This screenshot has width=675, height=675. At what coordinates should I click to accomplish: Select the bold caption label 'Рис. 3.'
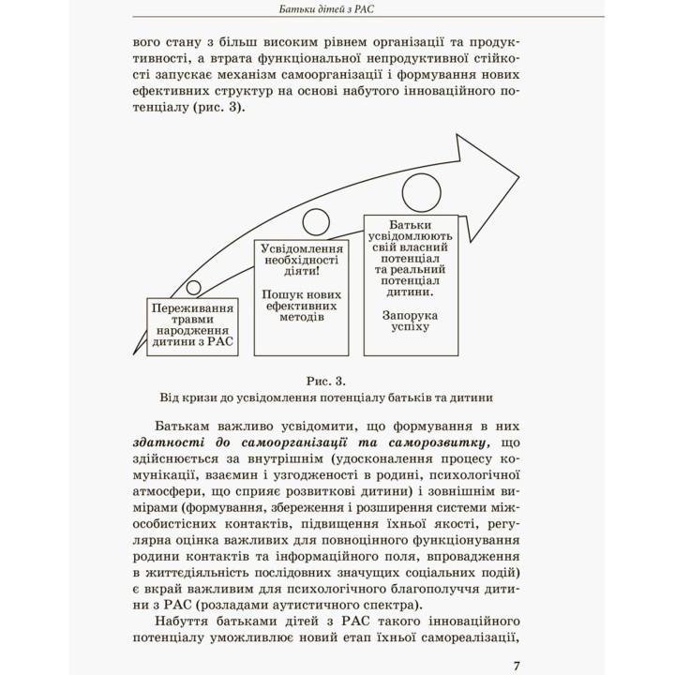(x=325, y=381)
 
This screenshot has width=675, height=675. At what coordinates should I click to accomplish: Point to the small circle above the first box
(x=194, y=287)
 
